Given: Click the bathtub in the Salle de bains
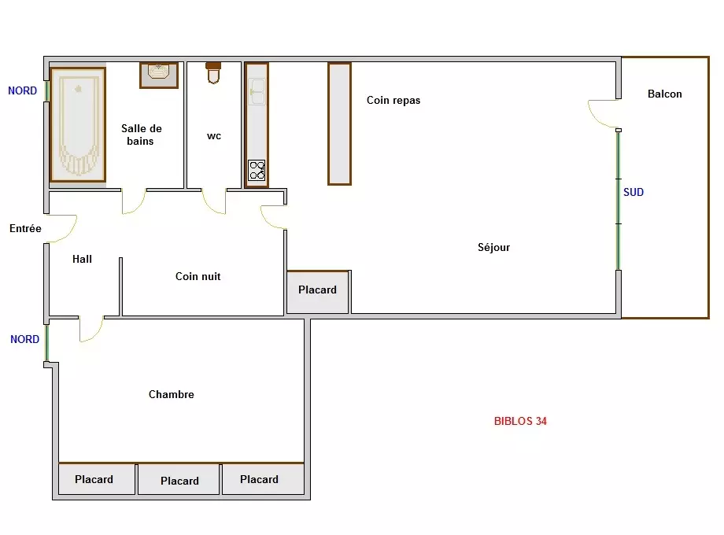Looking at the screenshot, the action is pyautogui.click(x=78, y=124).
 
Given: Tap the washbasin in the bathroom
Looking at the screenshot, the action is pyautogui.click(x=159, y=75).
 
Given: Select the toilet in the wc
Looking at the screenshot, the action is pyautogui.click(x=213, y=73).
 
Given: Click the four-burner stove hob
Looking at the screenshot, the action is pyautogui.click(x=257, y=170).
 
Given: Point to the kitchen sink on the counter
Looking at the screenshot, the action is pyautogui.click(x=257, y=91).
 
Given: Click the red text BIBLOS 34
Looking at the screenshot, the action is pyautogui.click(x=520, y=421).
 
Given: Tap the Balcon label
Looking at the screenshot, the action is pyautogui.click(x=664, y=94).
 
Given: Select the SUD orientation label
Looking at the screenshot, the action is pyautogui.click(x=633, y=192).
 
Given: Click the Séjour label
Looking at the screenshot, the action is pyautogui.click(x=493, y=247).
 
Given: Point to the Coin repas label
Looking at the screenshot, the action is pyautogui.click(x=393, y=100).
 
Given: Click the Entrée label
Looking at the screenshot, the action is pyautogui.click(x=25, y=228).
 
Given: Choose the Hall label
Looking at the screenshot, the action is pyautogui.click(x=82, y=259).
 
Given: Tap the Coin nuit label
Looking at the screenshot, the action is pyautogui.click(x=198, y=276).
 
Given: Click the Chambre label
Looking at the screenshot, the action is pyautogui.click(x=172, y=394).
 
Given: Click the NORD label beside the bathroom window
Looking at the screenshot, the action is pyautogui.click(x=23, y=90).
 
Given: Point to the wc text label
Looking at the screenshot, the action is pyautogui.click(x=214, y=135).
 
